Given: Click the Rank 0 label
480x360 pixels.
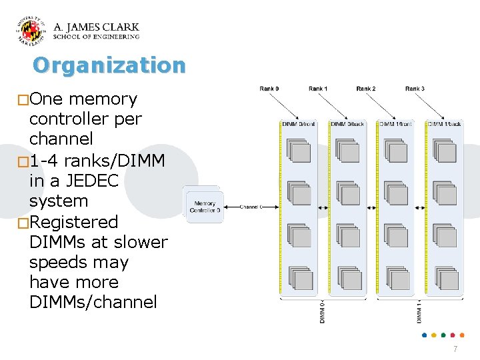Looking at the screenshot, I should pyautogui.click(x=269, y=89).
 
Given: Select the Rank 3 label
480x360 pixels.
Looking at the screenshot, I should pyautogui.click(x=415, y=89).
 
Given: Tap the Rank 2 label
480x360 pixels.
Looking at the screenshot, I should pyautogui.click(x=366, y=89).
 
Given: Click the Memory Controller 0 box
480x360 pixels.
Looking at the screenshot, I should pyautogui.click(x=205, y=207).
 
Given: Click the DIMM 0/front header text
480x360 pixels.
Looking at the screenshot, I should pyautogui.click(x=298, y=124).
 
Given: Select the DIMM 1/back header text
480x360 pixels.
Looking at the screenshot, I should pyautogui.click(x=444, y=124).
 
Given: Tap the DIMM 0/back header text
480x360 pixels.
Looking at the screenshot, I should pyautogui.click(x=347, y=124).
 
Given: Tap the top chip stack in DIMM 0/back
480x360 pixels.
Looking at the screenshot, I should pyautogui.click(x=347, y=151).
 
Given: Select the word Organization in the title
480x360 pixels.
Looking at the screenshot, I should pyautogui.click(x=109, y=65).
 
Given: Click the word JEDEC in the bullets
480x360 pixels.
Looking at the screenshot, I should pyautogui.click(x=101, y=181).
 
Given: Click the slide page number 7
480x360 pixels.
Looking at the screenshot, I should pyautogui.click(x=455, y=349).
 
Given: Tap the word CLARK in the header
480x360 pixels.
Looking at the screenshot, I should pyautogui.click(x=121, y=27).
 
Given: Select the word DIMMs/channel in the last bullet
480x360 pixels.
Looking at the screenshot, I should pyautogui.click(x=93, y=302).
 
